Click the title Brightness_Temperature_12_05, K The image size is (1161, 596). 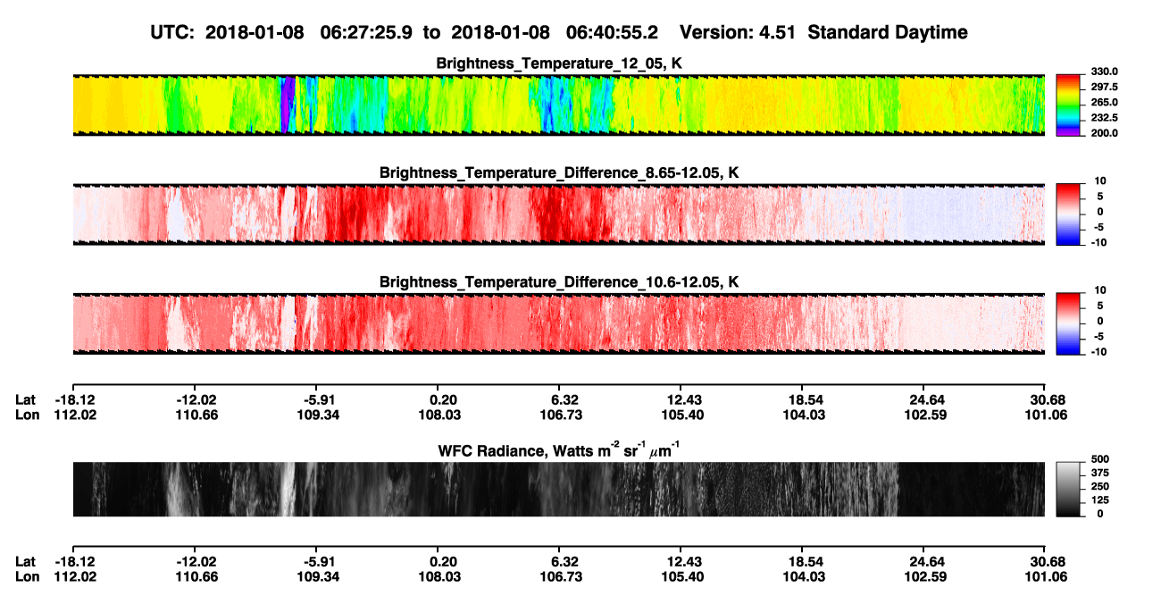[559, 63]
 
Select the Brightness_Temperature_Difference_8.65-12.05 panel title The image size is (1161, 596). [559, 172]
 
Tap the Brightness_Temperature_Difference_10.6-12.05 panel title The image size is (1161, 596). [559, 282]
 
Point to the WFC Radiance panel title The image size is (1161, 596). [559, 450]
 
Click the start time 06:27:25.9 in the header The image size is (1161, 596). [366, 32]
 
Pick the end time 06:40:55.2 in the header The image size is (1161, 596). [612, 32]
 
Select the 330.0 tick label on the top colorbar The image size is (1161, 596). [1104, 71]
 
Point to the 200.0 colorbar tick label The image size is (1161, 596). [1104, 133]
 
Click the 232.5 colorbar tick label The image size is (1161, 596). [1104, 118]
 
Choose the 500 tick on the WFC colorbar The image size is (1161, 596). [1100, 459]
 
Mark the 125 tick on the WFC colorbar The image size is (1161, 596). [1100, 500]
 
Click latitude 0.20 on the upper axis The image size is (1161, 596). [443, 400]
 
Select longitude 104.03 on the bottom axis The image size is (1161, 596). [804, 577]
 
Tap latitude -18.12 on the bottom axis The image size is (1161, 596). [75, 562]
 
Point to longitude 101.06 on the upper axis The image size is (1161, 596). [1046, 415]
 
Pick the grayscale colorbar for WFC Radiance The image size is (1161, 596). [1068, 489]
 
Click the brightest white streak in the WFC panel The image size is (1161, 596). [288, 489]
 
